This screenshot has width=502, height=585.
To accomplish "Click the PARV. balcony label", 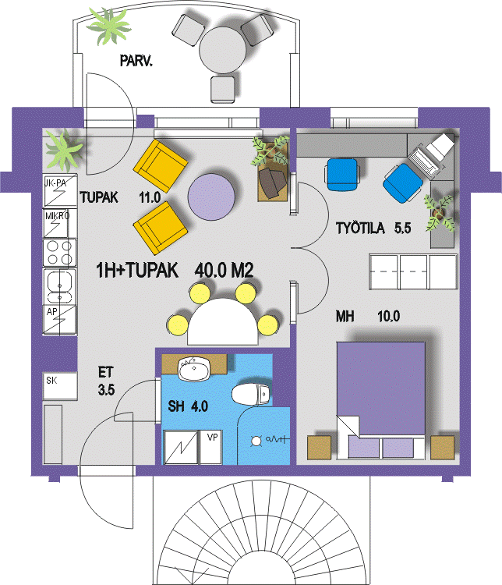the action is pyautogui.click(x=136, y=60).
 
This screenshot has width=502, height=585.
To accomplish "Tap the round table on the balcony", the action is pyautogui.click(x=223, y=51).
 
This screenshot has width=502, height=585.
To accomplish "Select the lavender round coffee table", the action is pyautogui.click(x=211, y=197).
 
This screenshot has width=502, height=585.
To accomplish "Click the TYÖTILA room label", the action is pyautogui.click(x=360, y=228).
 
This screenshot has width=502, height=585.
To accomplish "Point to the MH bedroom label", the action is pyautogui.click(x=345, y=317).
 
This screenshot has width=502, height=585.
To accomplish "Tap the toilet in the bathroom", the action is pyautogui.click(x=250, y=394).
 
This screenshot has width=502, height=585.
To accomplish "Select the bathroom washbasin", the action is pyautogui.click(x=193, y=369).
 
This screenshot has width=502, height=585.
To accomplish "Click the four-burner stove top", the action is pyautogui.click(x=60, y=253).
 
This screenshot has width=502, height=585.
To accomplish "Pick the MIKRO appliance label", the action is pyautogui.click(x=57, y=215).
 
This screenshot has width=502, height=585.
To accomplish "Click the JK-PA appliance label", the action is pyautogui.click(x=55, y=183).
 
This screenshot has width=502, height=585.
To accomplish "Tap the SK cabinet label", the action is pyautogui.click(x=51, y=381).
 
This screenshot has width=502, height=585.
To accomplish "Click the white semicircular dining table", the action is pyautogui.click(x=223, y=321).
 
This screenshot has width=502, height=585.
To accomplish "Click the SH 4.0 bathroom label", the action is pyautogui.click(x=188, y=406).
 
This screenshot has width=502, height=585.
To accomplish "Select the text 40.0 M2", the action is pyautogui.click(x=224, y=270).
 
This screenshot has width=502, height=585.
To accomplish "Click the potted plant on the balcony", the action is pyautogui.click(x=109, y=26).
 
